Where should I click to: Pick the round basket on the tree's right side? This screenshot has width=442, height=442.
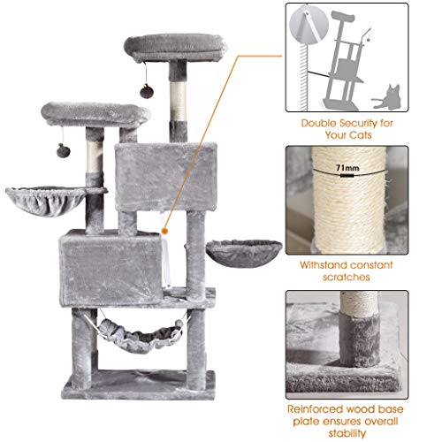pos(243,249)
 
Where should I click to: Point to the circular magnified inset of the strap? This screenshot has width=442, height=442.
pos(310,27)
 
